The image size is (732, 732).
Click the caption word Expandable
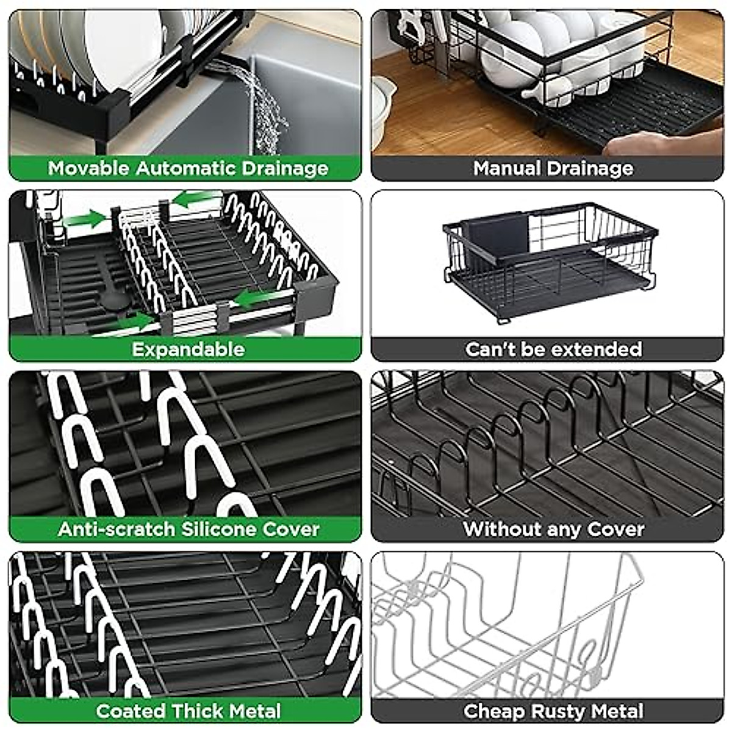click(188, 350)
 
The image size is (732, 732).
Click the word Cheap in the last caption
click(495, 711)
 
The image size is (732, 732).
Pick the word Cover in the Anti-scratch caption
click(291, 529)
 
